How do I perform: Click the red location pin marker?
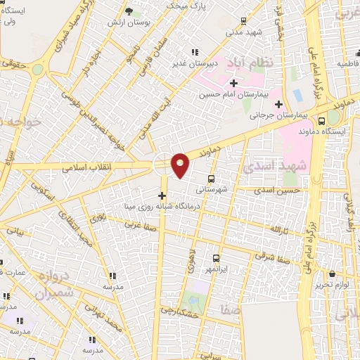181,165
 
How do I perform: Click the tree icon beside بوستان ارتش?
129,11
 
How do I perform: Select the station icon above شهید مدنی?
243,21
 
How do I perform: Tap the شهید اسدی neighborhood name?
276,167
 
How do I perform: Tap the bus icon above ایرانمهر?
215,259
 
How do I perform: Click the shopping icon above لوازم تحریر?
332,273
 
